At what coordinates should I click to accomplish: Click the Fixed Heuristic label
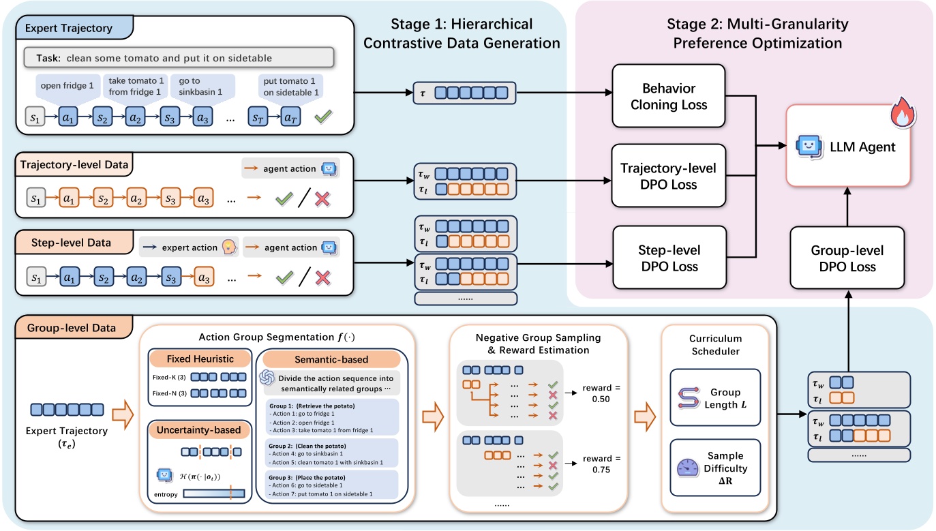pos(192,358)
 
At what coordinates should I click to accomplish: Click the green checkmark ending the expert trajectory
pos(322,117)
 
